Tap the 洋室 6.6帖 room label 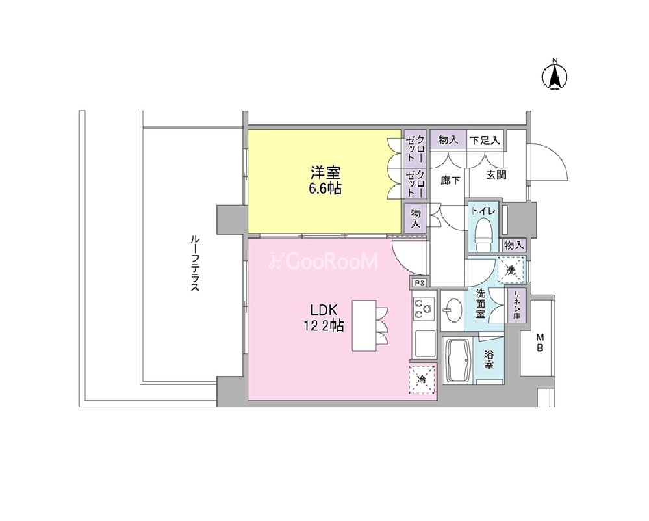[x=326, y=180]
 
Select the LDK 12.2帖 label [x=324, y=318]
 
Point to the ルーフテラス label [x=195, y=263]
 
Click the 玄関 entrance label [x=496, y=174]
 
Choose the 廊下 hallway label [x=450, y=180]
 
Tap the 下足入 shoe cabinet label [x=485, y=140]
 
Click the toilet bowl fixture [x=483, y=234]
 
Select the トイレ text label [x=483, y=211]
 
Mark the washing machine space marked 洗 [x=511, y=270]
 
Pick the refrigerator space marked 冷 [x=422, y=379]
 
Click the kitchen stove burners [x=424, y=308]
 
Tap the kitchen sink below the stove [x=424, y=343]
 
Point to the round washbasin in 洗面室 [x=452, y=310]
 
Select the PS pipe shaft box [x=419, y=283]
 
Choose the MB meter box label [x=540, y=342]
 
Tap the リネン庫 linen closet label [x=516, y=304]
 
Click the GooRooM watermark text [x=324, y=261]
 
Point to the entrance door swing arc [x=559, y=155]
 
